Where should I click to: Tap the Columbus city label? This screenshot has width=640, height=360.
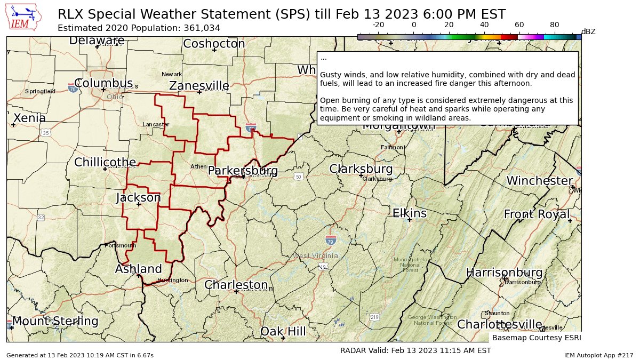[103, 83]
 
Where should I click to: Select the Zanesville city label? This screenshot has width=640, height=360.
[199, 86]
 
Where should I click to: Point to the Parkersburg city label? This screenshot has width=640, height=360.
[243, 171]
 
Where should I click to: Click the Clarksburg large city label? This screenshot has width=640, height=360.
[361, 169]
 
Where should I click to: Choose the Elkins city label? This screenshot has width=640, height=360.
[410, 213]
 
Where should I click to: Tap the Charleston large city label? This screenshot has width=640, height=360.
[236, 285]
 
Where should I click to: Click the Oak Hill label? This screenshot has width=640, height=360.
[283, 332]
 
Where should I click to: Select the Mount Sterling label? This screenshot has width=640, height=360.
[55, 321]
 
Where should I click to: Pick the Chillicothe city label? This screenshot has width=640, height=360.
[105, 162]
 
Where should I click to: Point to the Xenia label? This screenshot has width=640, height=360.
[29, 118]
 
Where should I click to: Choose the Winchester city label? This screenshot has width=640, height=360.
[539, 181]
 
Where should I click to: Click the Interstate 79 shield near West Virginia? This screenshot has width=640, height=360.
[331, 241]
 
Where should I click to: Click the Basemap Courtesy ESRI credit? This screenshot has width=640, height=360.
[536, 338]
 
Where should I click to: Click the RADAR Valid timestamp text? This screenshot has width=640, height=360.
[415, 350]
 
